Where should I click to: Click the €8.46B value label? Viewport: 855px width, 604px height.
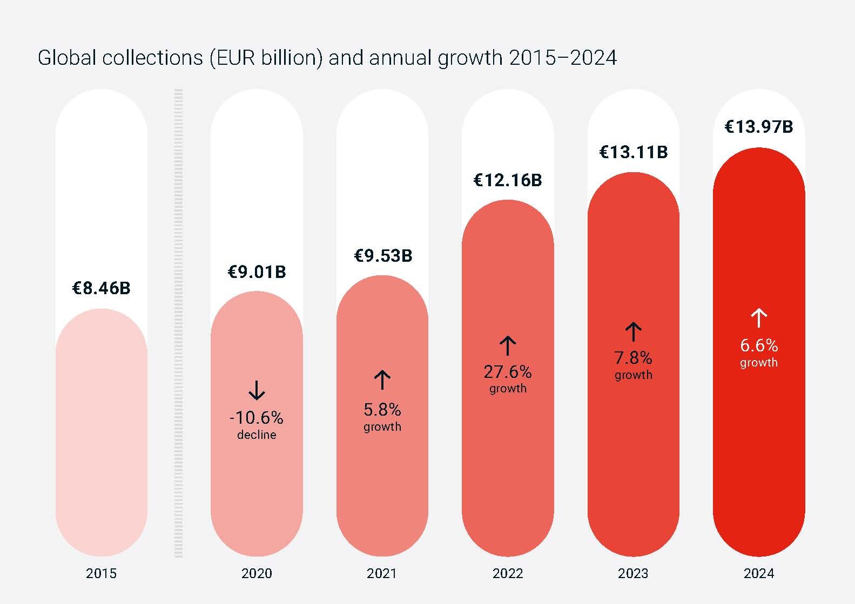pyautogui.click(x=102, y=288)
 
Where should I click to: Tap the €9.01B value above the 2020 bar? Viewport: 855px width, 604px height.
pyautogui.click(x=257, y=272)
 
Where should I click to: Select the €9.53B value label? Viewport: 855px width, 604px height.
pyautogui.click(x=382, y=255)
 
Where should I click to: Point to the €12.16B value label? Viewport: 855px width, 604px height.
pyautogui.click(x=508, y=180)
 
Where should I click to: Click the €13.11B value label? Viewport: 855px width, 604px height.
pyautogui.click(x=633, y=152)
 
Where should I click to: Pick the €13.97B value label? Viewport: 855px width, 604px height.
pyautogui.click(x=758, y=127)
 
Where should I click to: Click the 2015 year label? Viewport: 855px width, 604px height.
pyautogui.click(x=102, y=573)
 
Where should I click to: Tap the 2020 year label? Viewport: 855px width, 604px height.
pyautogui.click(x=257, y=573)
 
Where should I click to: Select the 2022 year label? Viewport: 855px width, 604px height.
pyautogui.click(x=508, y=573)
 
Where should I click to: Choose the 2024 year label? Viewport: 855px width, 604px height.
pyautogui.click(x=758, y=573)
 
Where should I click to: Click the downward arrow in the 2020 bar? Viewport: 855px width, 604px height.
pyautogui.click(x=257, y=390)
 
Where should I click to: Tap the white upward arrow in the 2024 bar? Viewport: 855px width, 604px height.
pyautogui.click(x=759, y=318)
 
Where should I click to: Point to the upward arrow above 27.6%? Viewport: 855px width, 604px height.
pyautogui.click(x=508, y=346)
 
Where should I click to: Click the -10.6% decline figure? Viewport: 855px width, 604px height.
pyautogui.click(x=257, y=418)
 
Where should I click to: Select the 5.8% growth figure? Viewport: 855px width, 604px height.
pyautogui.click(x=382, y=410)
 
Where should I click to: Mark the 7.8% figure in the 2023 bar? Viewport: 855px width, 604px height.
pyautogui.click(x=633, y=358)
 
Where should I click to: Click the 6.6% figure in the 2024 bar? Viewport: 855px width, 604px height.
pyautogui.click(x=759, y=345)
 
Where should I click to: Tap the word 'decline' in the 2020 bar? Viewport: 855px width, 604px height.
pyautogui.click(x=257, y=435)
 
